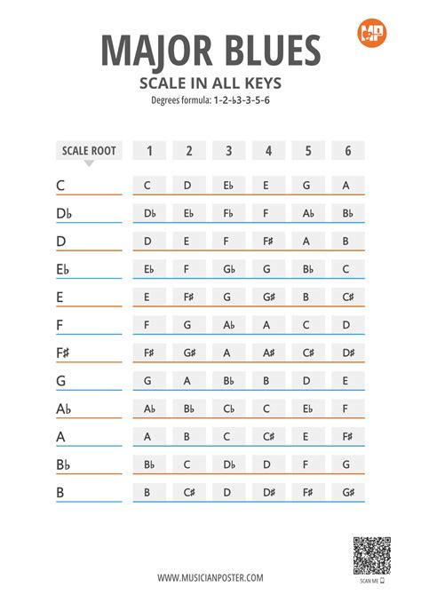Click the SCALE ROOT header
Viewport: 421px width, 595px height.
[89, 150]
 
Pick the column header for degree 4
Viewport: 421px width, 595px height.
[268, 151]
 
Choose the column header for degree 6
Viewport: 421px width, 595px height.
[347, 151]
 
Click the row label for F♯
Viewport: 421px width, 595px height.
[63, 353]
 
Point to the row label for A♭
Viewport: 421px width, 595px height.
[63, 409]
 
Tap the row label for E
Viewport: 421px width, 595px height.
[60, 297]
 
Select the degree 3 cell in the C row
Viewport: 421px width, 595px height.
[228, 186]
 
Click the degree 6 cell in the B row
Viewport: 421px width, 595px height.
[347, 491]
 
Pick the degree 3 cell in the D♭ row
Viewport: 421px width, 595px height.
[228, 213]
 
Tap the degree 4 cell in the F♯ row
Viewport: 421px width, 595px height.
[268, 353]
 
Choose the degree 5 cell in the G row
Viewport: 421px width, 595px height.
[307, 380]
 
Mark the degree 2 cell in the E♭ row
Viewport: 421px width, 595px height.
[188, 269]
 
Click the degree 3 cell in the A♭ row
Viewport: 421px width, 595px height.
[228, 409]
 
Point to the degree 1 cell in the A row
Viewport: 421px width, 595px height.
[148, 436]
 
